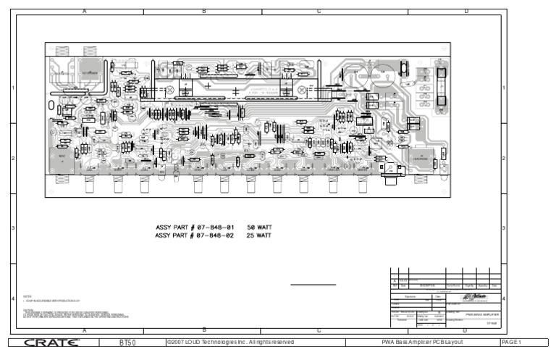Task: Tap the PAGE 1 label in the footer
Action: click(x=510, y=342)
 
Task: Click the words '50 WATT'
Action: click(x=259, y=227)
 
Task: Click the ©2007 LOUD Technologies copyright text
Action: click(x=230, y=342)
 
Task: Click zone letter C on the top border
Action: click(x=319, y=12)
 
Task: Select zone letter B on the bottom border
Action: click(x=203, y=330)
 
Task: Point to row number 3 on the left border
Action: click(x=13, y=229)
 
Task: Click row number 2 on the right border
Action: click(x=503, y=158)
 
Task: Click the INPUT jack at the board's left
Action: click(x=62, y=158)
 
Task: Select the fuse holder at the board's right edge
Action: click(x=439, y=86)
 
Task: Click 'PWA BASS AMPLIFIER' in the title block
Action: click(x=480, y=314)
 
